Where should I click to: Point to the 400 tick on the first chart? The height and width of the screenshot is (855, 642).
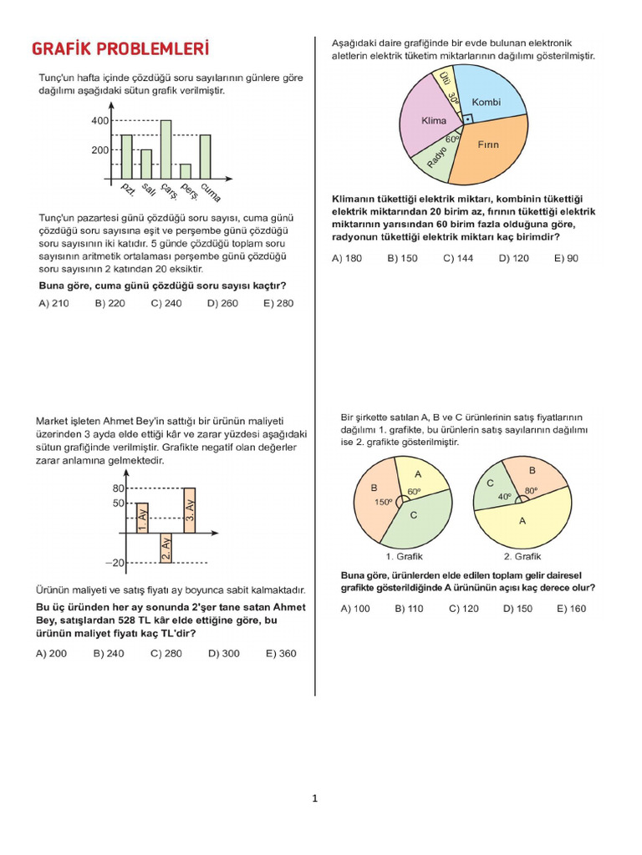click(x=99, y=121)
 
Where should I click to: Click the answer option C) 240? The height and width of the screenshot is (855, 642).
click(x=166, y=303)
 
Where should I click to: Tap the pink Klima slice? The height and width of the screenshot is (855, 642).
click(x=428, y=121)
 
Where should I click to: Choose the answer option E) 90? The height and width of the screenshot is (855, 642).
click(x=566, y=259)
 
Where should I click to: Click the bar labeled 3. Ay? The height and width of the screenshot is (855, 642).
click(x=190, y=509)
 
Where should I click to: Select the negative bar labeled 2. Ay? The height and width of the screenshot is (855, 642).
click(x=166, y=548)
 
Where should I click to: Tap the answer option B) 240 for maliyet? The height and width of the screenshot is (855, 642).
click(x=109, y=654)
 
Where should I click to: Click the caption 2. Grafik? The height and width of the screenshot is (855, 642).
click(x=522, y=556)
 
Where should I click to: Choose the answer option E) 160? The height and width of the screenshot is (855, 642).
click(x=572, y=609)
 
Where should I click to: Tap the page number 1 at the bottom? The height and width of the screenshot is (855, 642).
click(x=315, y=798)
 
